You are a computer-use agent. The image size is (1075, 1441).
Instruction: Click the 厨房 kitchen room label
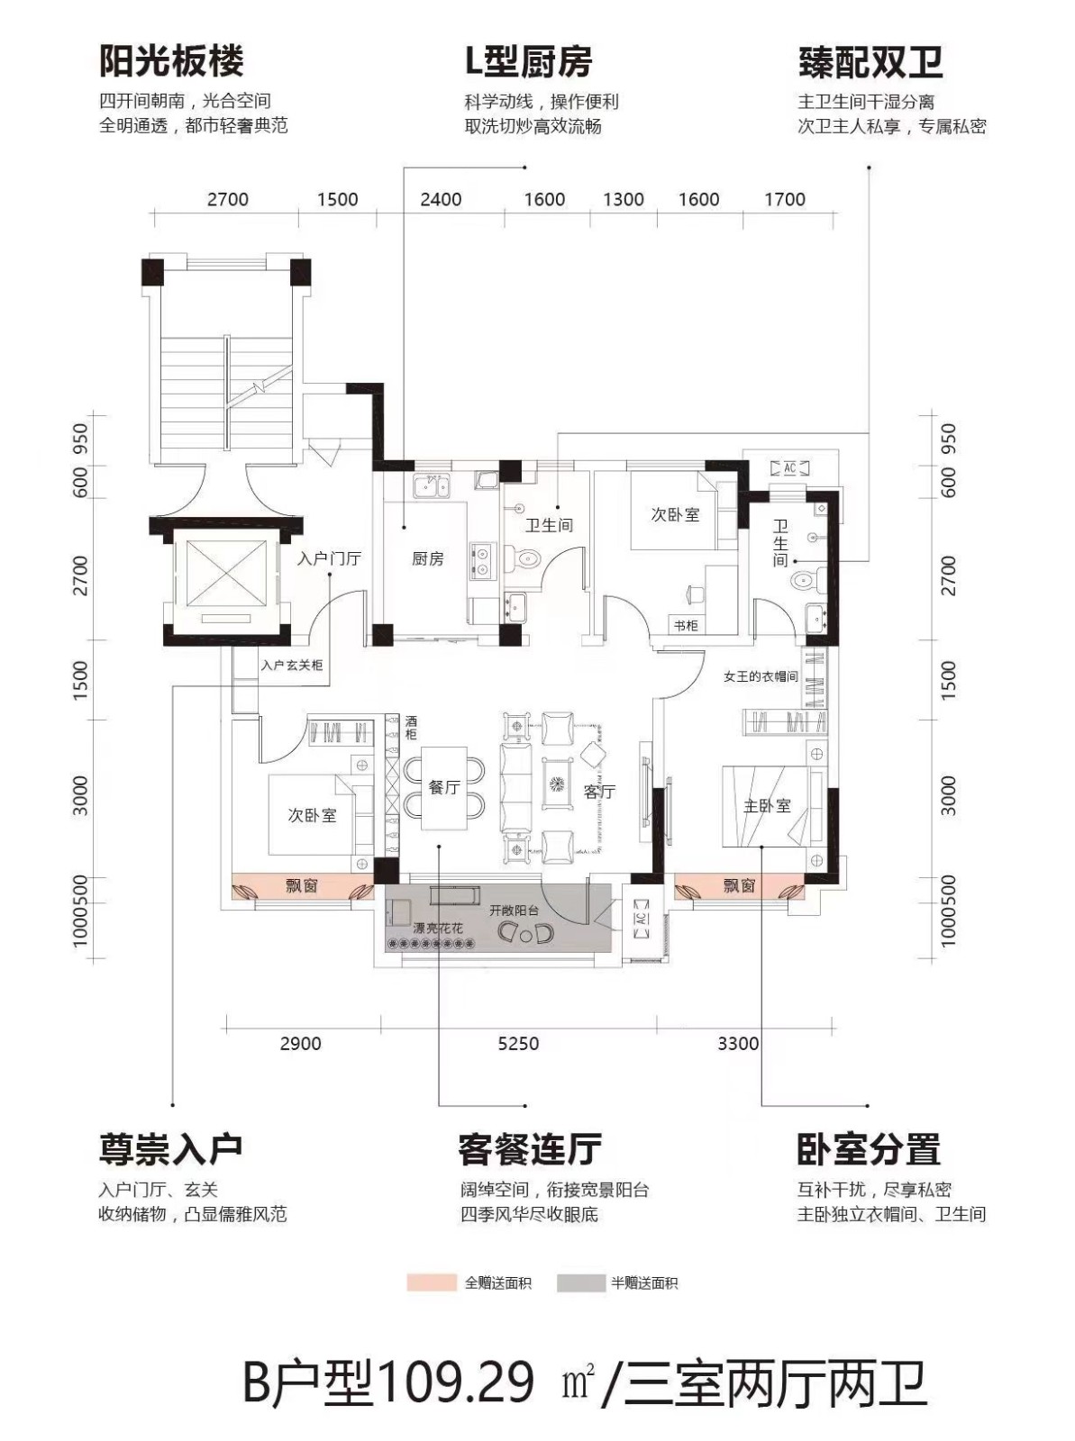pyautogui.click(x=427, y=558)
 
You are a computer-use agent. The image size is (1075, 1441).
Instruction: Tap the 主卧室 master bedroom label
pyautogui.click(x=766, y=805)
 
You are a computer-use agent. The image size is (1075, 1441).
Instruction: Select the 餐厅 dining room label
pyautogui.click(x=444, y=787)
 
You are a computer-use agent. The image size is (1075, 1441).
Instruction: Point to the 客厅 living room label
pyautogui.click(x=599, y=792)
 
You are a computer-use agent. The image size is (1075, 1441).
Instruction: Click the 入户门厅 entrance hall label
pyautogui.click(x=329, y=558)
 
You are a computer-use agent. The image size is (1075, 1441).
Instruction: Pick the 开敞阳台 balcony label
pyautogui.click(x=514, y=911)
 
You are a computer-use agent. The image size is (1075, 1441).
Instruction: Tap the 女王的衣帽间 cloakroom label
pyautogui.click(x=761, y=676)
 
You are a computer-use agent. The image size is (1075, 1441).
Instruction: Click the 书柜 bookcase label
pyautogui.click(x=685, y=625)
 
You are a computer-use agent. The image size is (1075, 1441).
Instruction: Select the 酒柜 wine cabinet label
pyautogui.click(x=410, y=727)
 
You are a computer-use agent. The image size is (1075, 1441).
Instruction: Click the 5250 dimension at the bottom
pyautogui.click(x=518, y=1043)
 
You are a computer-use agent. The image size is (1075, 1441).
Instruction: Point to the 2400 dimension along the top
pyautogui.click(x=441, y=199)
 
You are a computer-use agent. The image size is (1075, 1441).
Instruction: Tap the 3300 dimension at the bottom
pyautogui.click(x=738, y=1043)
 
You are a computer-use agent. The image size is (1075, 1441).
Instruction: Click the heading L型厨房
pyautogui.click(x=529, y=61)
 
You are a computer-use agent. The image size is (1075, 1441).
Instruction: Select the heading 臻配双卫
pyautogui.click(x=870, y=62)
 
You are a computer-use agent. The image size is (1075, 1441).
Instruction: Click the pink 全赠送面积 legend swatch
pyautogui.click(x=432, y=1282)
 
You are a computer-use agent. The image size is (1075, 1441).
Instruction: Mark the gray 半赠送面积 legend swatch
pyautogui.click(x=581, y=1282)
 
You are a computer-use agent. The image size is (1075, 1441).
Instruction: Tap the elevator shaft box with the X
pyautogui.click(x=227, y=577)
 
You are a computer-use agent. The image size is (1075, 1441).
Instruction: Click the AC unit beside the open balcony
pyautogui.click(x=641, y=920)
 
